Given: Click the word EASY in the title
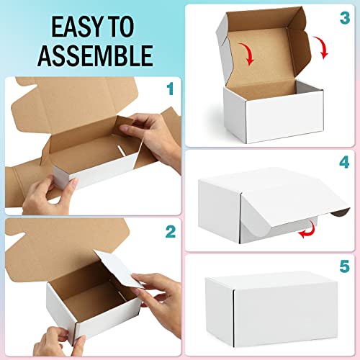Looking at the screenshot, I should (71, 27).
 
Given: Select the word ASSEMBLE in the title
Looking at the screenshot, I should (94, 54).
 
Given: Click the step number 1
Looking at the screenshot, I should (169, 90).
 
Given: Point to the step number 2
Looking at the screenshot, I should (169, 231).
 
